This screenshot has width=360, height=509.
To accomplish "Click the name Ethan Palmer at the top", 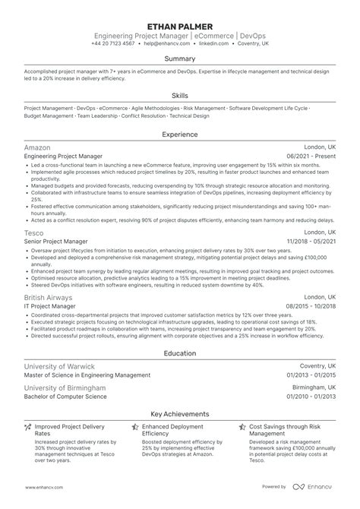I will coord(179,25).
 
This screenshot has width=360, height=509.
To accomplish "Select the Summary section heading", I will coord(179,58).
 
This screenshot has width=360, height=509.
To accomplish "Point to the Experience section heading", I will coord(179,134).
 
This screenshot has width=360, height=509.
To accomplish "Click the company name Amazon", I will coord(38,146).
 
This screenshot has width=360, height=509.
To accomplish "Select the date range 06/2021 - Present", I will coord(307,155).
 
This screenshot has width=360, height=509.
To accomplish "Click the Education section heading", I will coord(179,353).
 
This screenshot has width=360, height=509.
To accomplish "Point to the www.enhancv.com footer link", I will coord(43,488).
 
